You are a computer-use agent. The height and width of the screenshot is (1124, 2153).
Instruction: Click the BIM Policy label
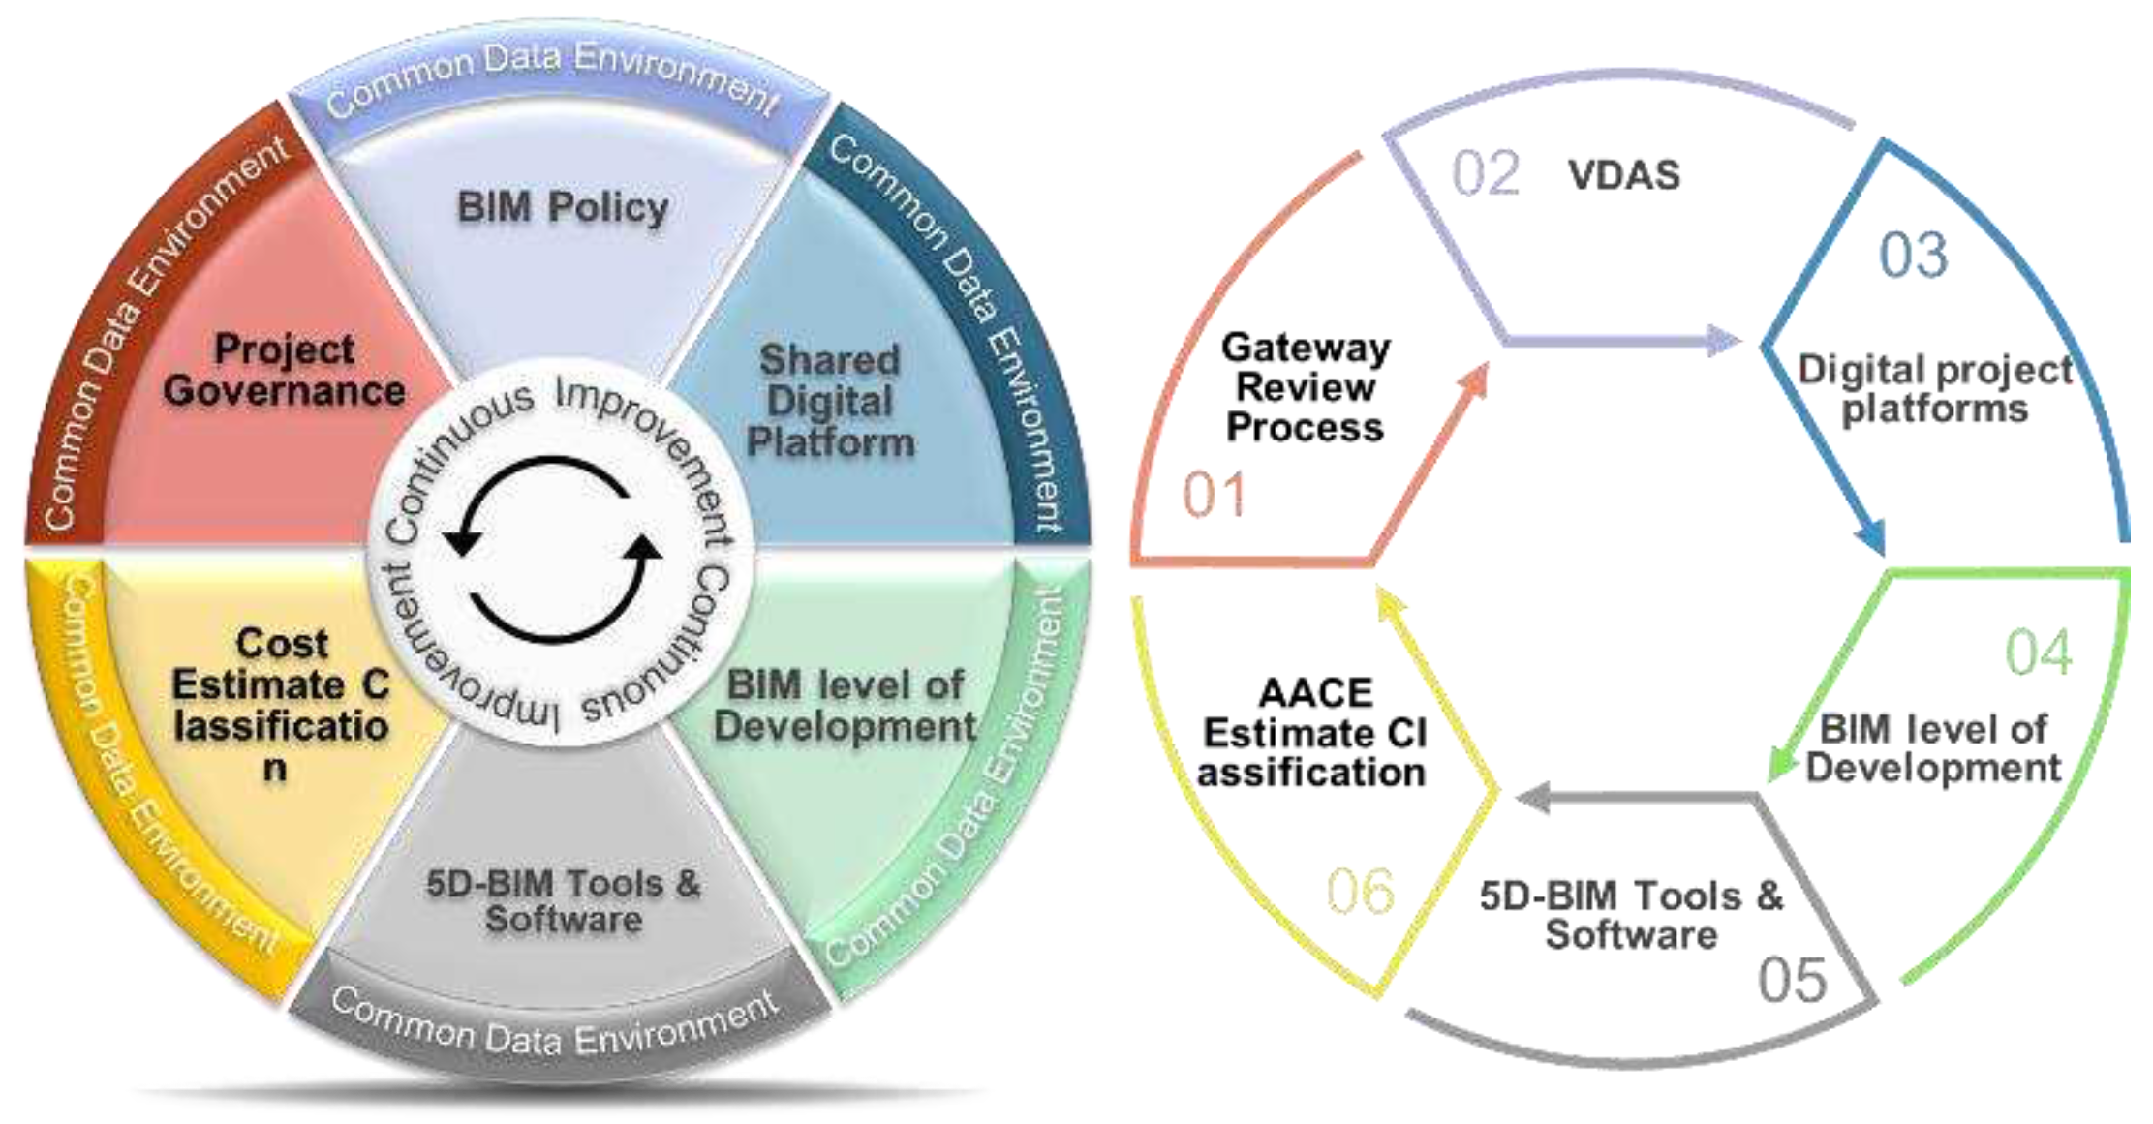point(563,207)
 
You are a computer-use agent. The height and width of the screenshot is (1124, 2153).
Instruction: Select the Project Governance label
point(284,371)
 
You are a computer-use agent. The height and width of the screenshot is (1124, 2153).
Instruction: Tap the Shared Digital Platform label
point(830,401)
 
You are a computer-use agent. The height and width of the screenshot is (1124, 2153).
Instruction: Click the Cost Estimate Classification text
point(281,704)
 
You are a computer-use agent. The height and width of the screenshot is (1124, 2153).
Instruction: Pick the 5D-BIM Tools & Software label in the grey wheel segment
point(563,900)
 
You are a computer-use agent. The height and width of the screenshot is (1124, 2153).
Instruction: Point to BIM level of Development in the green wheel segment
point(845,706)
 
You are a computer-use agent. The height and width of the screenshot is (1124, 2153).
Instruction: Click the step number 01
point(1214,495)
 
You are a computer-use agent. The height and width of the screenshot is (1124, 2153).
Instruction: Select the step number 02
point(1486,174)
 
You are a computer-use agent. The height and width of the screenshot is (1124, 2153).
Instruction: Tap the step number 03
point(1913,257)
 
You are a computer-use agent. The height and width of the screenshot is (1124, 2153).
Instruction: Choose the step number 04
point(2039,652)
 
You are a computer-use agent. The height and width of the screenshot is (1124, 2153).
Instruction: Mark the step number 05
point(1792,980)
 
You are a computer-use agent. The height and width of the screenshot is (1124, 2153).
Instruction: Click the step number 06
point(1360,891)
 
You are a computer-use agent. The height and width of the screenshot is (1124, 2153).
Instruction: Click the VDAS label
point(1624,175)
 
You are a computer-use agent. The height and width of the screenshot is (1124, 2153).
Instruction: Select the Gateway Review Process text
point(1305,387)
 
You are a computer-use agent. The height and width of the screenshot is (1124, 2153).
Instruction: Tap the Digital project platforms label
point(1935,388)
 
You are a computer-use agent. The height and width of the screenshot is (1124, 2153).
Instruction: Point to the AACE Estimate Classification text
point(1313,733)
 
